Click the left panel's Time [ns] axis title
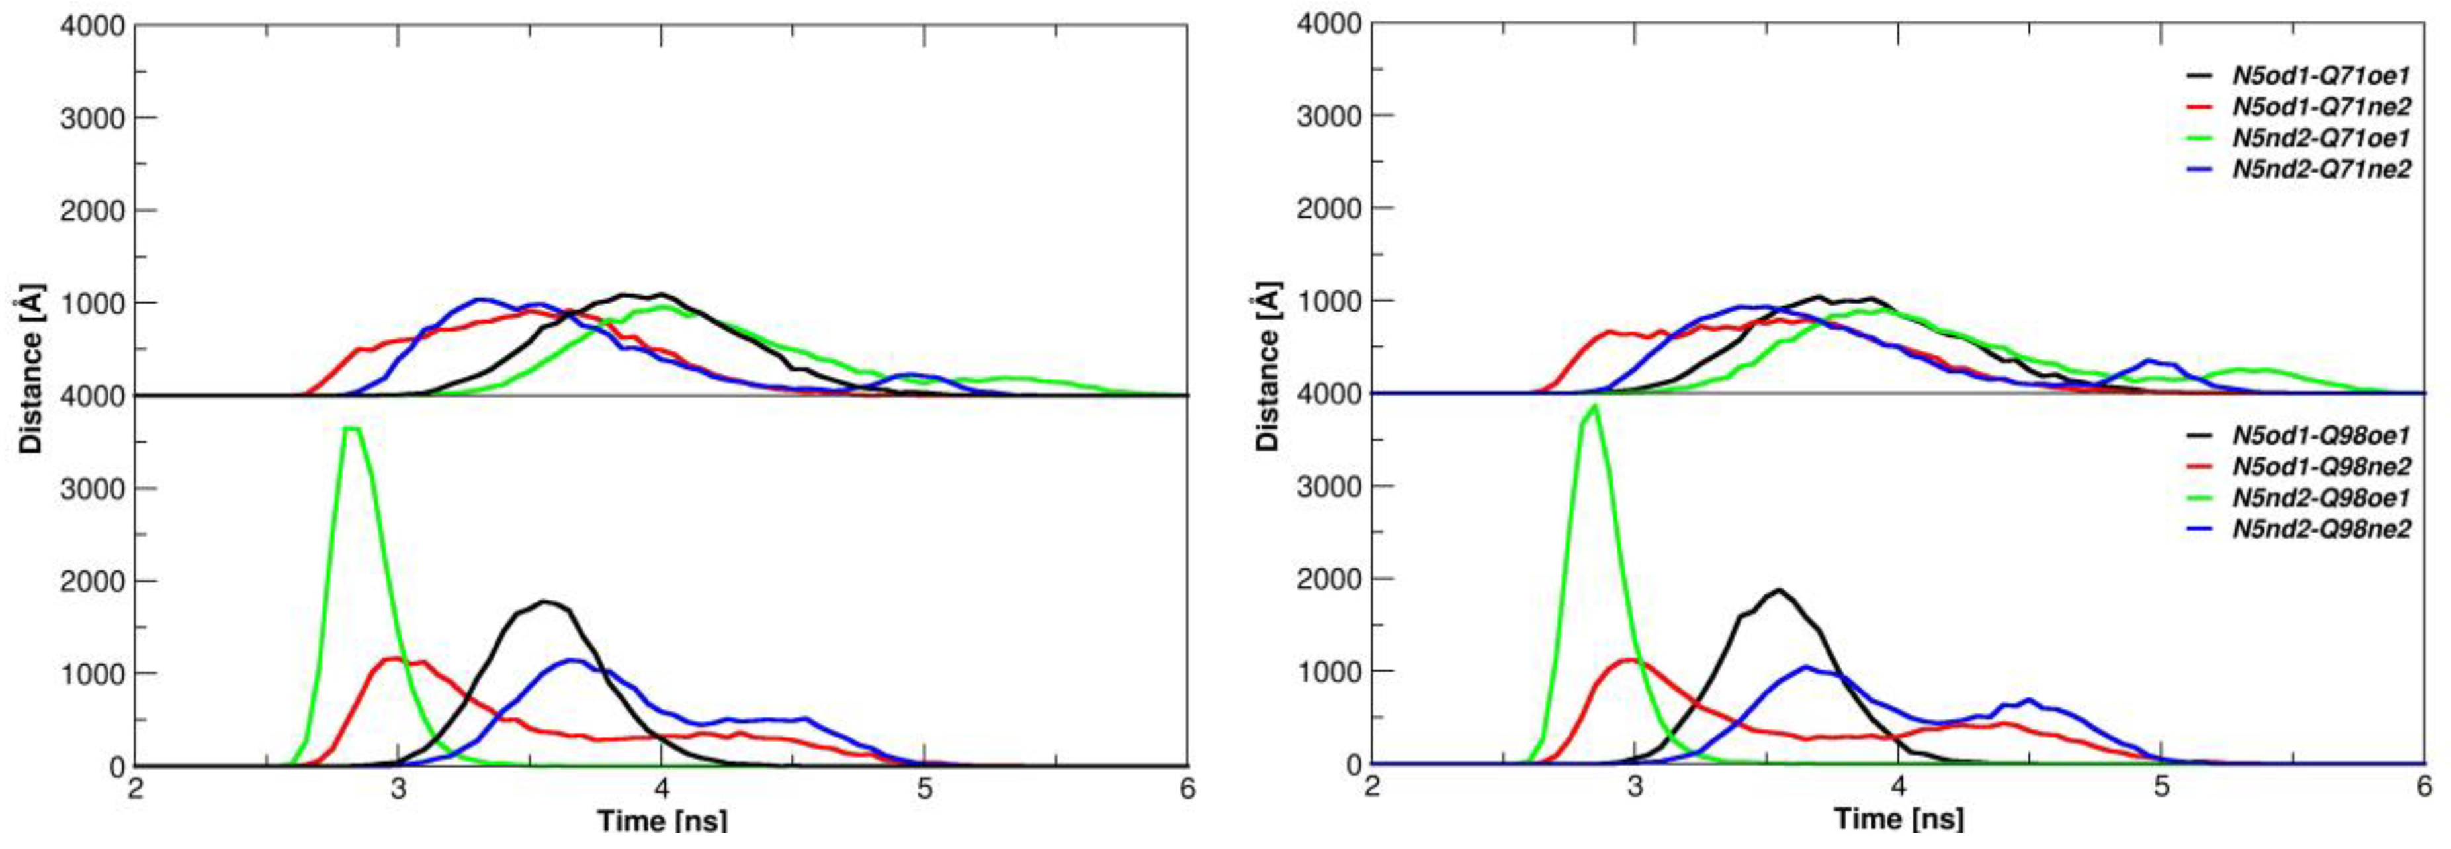point(662,821)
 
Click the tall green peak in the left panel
point(353,429)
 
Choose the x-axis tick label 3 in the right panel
point(1635,787)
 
